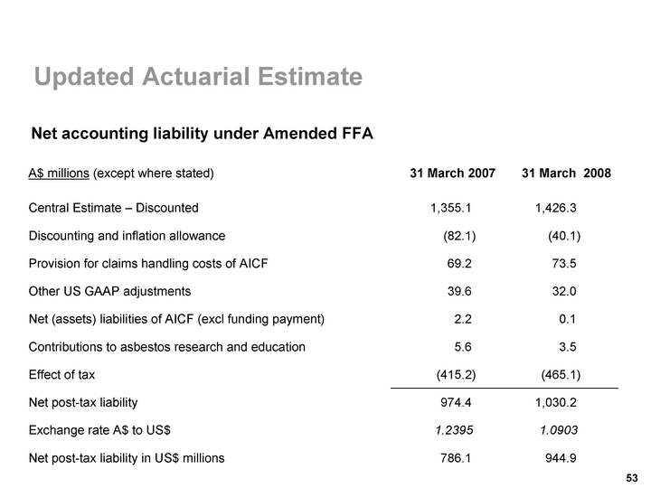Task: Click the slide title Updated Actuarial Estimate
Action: point(198,79)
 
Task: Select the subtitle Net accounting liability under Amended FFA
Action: point(203,134)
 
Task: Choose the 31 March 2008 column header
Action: point(566,173)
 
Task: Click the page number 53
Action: point(632,477)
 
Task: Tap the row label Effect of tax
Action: point(61,374)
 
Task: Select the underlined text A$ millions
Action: point(59,173)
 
